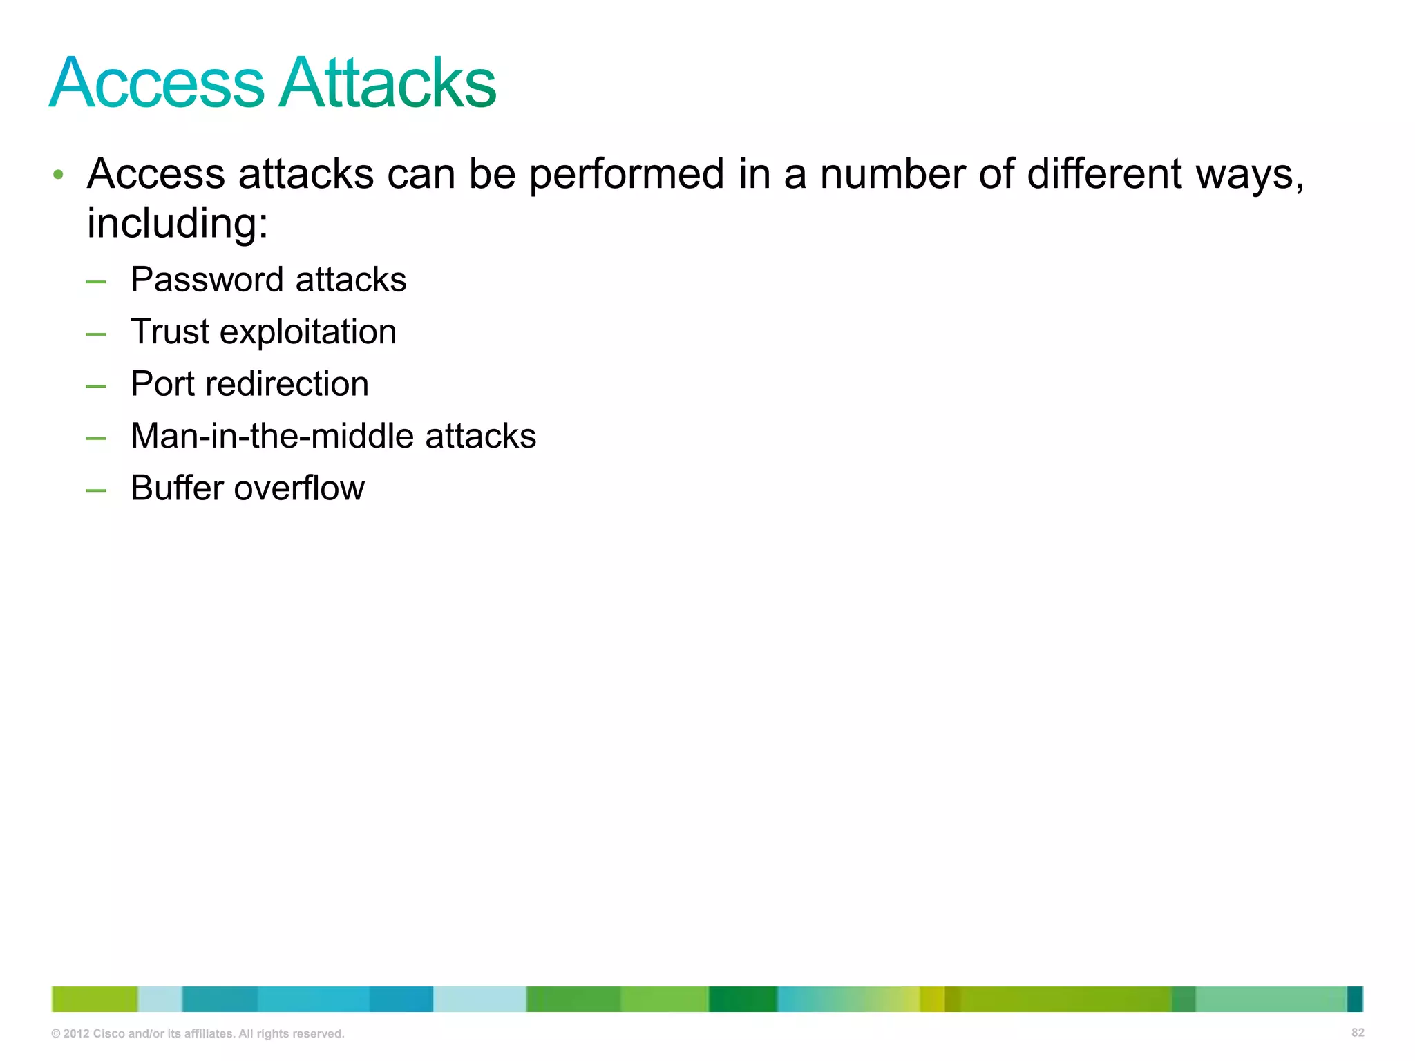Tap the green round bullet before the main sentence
point(59,175)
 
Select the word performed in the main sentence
point(627,174)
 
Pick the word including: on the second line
point(178,224)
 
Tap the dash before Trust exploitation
point(96,335)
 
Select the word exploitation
point(308,332)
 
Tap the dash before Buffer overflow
point(96,491)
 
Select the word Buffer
point(177,488)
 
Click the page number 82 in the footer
point(1358,1033)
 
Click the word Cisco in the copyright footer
point(109,1034)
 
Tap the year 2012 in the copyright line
point(77,1034)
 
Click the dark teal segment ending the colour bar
point(1355,999)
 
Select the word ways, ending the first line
point(1249,174)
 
